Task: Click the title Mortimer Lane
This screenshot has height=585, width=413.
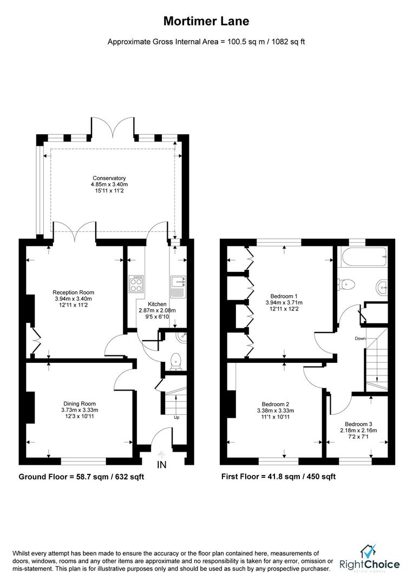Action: [206, 22]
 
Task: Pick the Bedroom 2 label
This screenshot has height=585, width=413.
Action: [276, 410]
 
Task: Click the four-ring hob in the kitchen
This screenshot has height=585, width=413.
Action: [136, 283]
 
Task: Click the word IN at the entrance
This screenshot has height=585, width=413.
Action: [162, 464]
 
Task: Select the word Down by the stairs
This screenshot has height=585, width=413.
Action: [360, 339]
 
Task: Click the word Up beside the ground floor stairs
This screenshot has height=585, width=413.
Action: [176, 417]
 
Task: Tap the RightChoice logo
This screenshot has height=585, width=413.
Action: [370, 558]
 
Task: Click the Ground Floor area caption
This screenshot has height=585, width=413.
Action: [81, 477]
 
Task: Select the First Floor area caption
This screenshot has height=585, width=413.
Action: [278, 477]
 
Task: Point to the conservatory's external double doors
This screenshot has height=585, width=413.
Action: [112, 128]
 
